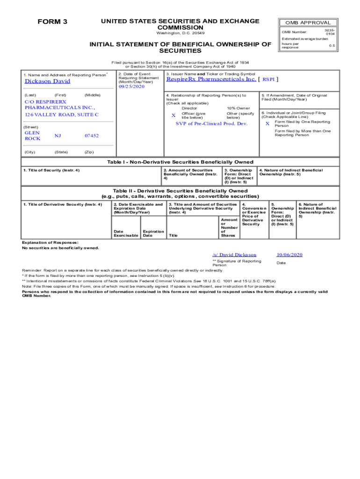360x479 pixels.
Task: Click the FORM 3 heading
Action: pos(52,22)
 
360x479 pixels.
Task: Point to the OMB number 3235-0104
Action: pos(330,32)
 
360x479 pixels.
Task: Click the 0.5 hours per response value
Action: pos(331,46)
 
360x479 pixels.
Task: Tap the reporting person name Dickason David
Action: pos(47,81)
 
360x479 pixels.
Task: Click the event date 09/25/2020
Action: pos(132,87)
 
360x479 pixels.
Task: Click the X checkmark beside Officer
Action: pos(173,116)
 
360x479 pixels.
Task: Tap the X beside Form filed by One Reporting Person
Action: pos(267,124)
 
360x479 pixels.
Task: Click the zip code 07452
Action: pos(91,136)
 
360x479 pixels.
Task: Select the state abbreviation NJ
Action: pos(58,136)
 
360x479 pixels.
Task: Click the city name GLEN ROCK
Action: pos(32,136)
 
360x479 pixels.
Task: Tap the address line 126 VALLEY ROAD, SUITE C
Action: pos(61,115)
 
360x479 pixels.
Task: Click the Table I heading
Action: pos(180,162)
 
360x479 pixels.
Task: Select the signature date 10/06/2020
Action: pos(289,255)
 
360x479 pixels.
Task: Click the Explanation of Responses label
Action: pos(50,242)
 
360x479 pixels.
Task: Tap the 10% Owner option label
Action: pos(238,108)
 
